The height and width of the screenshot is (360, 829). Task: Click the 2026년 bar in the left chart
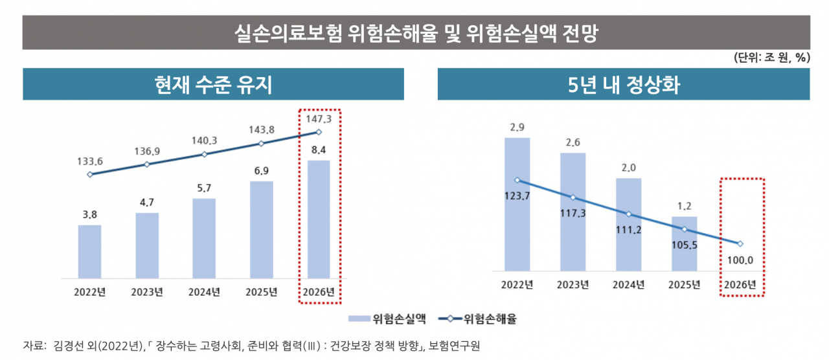(319, 219)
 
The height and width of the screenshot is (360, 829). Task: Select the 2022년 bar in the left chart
(89, 252)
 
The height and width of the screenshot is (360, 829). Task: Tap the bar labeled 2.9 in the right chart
(517, 204)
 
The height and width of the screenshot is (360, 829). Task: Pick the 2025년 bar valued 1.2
(685, 244)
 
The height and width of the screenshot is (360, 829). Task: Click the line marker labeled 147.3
(319, 132)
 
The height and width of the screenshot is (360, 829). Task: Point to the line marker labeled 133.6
(90, 174)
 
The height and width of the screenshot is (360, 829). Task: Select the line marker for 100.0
(740, 243)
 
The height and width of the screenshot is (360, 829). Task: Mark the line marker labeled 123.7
(517, 180)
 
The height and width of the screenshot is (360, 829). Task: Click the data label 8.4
(319, 150)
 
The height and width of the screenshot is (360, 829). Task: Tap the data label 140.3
(204, 141)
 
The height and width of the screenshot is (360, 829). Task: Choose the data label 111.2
(628, 230)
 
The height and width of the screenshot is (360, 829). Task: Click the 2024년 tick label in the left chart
(204, 292)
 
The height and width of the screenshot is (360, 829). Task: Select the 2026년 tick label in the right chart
(740, 284)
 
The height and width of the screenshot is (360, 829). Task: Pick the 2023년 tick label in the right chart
(573, 284)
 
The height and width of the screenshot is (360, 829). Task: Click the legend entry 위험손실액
(387, 319)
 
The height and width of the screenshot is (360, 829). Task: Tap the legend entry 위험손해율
(477, 319)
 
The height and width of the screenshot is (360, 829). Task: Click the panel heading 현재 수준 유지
(213, 84)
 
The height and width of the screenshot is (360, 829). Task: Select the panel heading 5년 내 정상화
(624, 84)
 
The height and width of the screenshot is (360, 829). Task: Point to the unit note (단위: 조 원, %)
(773, 58)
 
